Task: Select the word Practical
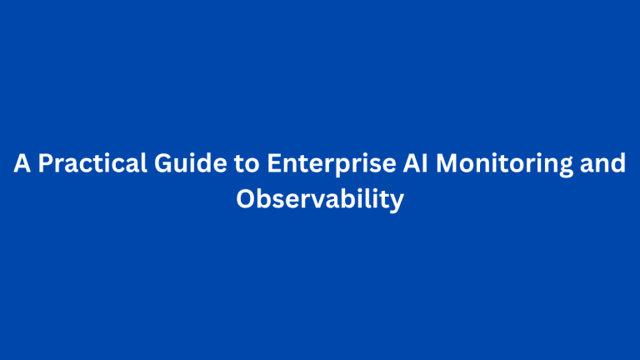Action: point(92,163)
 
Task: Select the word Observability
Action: point(320,200)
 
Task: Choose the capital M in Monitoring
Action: point(447,163)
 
